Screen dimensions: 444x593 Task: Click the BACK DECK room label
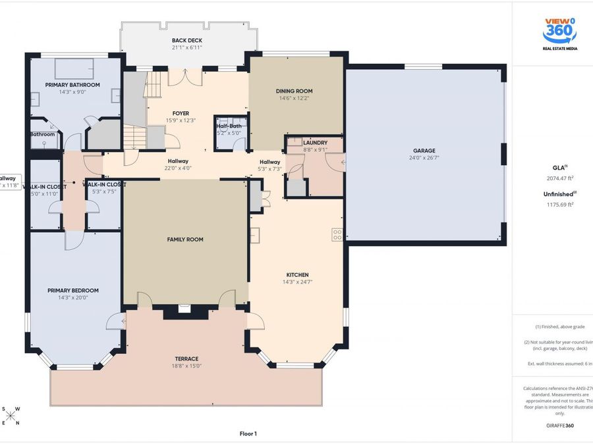(x=186, y=41)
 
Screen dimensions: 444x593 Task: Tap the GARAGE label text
(x=424, y=151)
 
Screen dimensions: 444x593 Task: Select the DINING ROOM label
(x=294, y=91)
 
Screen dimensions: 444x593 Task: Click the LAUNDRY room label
(x=315, y=142)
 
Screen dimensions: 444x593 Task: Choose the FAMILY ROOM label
(x=185, y=239)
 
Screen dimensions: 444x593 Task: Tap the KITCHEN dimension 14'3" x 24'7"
(x=297, y=282)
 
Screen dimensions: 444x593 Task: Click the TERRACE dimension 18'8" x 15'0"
(x=186, y=366)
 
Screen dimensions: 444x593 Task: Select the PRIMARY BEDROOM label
(x=72, y=290)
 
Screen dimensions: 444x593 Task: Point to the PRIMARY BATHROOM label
(x=72, y=85)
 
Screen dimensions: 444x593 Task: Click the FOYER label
(x=181, y=113)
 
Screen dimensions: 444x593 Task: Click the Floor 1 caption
(x=248, y=433)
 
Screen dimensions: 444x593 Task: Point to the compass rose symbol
(x=11, y=415)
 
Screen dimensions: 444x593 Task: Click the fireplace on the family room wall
(x=184, y=307)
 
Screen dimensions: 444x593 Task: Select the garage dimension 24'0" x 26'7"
(x=424, y=158)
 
